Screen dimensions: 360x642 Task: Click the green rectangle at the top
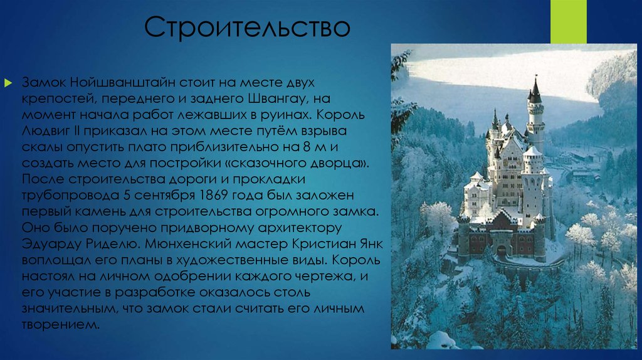(568, 21)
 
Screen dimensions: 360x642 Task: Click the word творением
(61, 324)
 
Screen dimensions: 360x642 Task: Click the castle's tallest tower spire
(535, 91)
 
